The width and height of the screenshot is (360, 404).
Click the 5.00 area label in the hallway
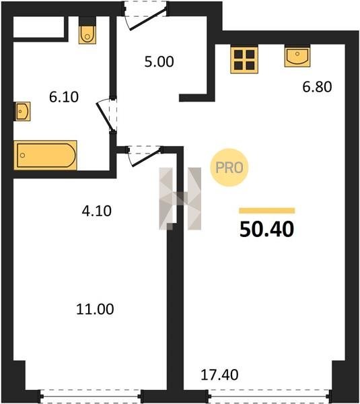[159, 62]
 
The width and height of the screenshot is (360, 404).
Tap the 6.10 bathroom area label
[64, 97]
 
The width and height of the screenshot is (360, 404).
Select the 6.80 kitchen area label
[317, 87]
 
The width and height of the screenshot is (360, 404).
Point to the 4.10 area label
[97, 211]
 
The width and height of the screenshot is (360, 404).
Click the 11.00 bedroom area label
[95, 309]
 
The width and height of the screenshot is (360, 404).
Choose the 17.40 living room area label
[219, 375]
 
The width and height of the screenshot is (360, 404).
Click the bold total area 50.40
[266, 229]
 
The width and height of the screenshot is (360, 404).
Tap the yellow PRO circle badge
[229, 168]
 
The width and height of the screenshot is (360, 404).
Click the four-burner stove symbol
[244, 60]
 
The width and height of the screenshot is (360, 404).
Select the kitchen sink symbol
[297, 57]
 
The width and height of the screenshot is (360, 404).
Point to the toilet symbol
[87, 31]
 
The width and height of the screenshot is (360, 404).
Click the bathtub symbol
[45, 155]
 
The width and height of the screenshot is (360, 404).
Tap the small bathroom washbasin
[22, 111]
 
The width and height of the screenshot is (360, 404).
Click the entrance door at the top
[145, 15]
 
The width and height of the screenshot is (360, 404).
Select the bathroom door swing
[106, 115]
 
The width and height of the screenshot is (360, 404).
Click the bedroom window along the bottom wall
[90, 396]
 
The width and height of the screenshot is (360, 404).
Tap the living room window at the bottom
[269, 396]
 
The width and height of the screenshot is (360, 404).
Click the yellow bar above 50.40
[266, 211]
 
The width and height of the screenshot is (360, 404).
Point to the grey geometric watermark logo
[180, 199]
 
